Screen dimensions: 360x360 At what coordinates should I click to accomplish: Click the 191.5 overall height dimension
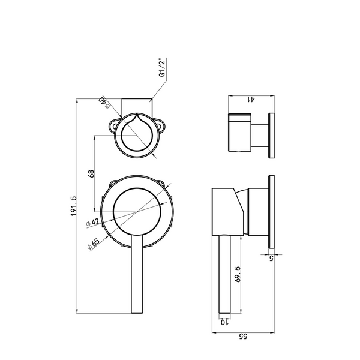coord(73,206)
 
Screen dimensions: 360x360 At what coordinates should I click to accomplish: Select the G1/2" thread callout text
coord(162,67)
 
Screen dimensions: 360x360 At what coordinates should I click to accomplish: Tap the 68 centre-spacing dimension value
coord(91,173)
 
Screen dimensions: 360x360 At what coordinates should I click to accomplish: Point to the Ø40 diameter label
coord(104,103)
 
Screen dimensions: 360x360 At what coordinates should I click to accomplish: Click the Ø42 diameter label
coord(92,223)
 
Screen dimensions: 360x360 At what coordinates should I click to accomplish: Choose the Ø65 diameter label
coord(94,244)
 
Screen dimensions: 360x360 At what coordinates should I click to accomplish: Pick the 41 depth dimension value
coord(251,99)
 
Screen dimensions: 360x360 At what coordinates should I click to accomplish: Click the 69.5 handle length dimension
coord(238,274)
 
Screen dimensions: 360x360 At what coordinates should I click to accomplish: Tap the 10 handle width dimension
coord(224,322)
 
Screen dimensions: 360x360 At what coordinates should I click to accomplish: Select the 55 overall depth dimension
coord(243,336)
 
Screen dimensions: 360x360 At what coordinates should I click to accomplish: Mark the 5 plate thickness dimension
coord(271,258)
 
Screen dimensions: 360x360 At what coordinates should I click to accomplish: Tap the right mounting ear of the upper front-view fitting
coord(161,125)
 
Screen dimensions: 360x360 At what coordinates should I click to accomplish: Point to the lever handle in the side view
coord(224,274)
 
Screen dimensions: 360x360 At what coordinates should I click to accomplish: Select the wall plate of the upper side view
coord(271,136)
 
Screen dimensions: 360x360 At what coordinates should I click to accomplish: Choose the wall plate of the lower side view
coord(271,211)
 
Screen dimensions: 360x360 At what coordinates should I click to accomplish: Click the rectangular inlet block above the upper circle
coord(137,107)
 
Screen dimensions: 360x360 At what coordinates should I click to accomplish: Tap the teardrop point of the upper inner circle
coord(137,113)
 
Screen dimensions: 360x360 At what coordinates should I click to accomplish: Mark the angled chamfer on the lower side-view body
coord(239,199)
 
